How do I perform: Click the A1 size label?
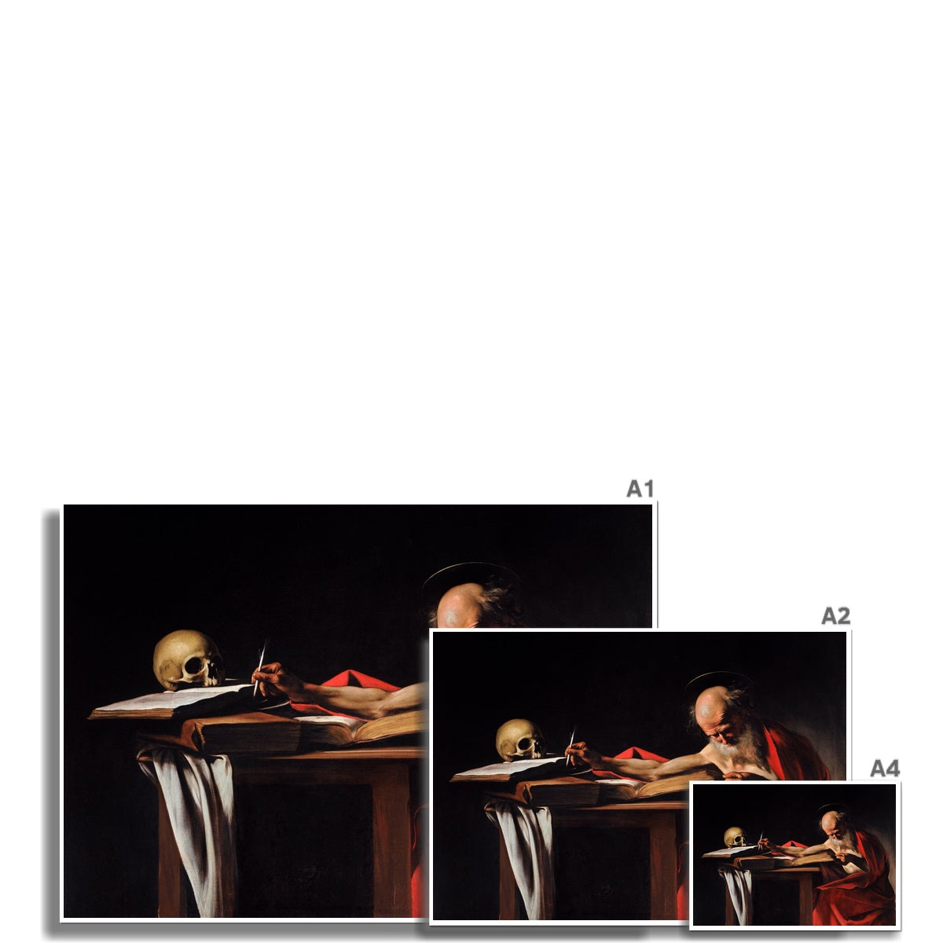click(640, 488)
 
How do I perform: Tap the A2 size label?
click(835, 615)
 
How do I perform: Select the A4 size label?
click(885, 769)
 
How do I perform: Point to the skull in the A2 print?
click(520, 739)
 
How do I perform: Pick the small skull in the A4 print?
click(735, 836)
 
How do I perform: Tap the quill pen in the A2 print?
click(571, 745)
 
